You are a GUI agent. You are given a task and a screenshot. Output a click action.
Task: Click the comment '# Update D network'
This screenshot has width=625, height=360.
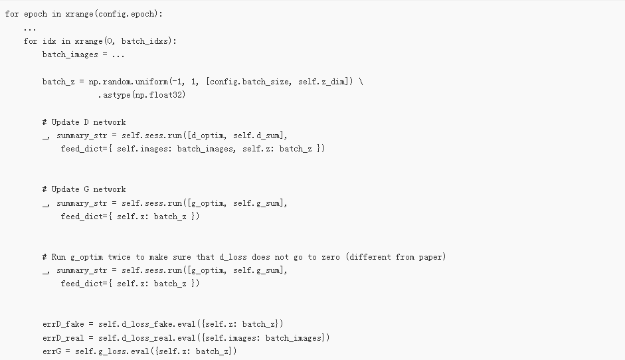[x=84, y=122]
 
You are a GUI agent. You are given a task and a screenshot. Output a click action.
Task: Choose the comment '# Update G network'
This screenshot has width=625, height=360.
[x=84, y=189]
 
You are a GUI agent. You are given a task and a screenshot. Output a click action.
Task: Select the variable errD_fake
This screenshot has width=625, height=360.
[x=62, y=324]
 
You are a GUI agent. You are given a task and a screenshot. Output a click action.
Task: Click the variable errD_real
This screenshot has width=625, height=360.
[x=62, y=338]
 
